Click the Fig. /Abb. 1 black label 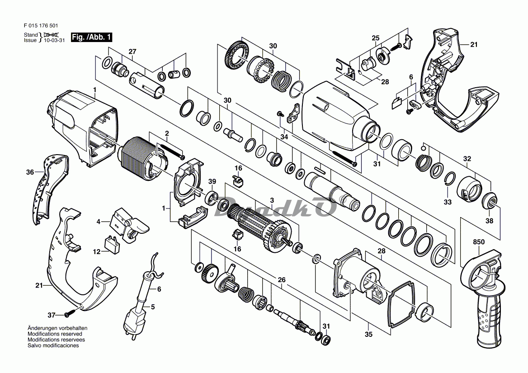(92, 38)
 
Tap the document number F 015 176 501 (41, 26)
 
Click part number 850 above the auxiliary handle (479, 242)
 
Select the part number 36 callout (30, 172)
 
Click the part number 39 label (212, 182)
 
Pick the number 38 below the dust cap (490, 221)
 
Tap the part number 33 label (447, 202)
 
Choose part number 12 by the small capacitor (97, 251)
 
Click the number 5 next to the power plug (153, 307)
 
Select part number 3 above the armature (272, 200)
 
